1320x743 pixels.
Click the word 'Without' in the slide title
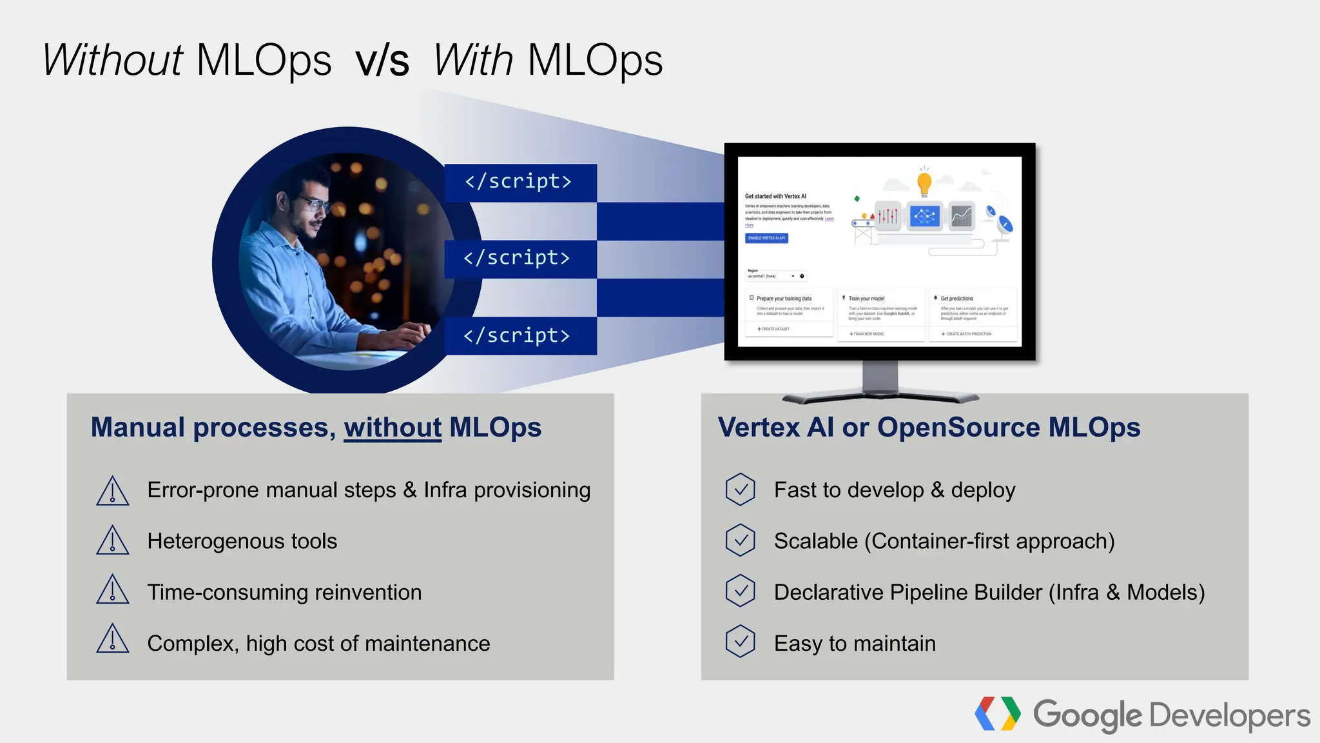tap(113, 61)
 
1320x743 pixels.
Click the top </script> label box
tap(519, 182)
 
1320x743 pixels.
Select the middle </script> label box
tap(519, 259)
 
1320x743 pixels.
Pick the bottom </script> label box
tap(519, 336)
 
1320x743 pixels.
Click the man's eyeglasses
tap(315, 205)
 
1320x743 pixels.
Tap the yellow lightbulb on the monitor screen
tap(924, 183)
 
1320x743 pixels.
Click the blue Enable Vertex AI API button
tap(766, 238)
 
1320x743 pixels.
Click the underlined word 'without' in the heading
tap(393, 428)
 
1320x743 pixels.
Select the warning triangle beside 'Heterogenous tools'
tap(113, 540)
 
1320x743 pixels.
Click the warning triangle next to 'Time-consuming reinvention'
tap(113, 590)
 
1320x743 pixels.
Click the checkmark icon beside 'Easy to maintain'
tap(740, 642)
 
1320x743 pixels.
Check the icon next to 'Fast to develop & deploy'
tap(740, 490)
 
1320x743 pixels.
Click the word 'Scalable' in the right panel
tap(815, 541)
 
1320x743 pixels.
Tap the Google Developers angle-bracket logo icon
tap(997, 714)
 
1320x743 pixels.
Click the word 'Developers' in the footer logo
tap(1229, 716)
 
